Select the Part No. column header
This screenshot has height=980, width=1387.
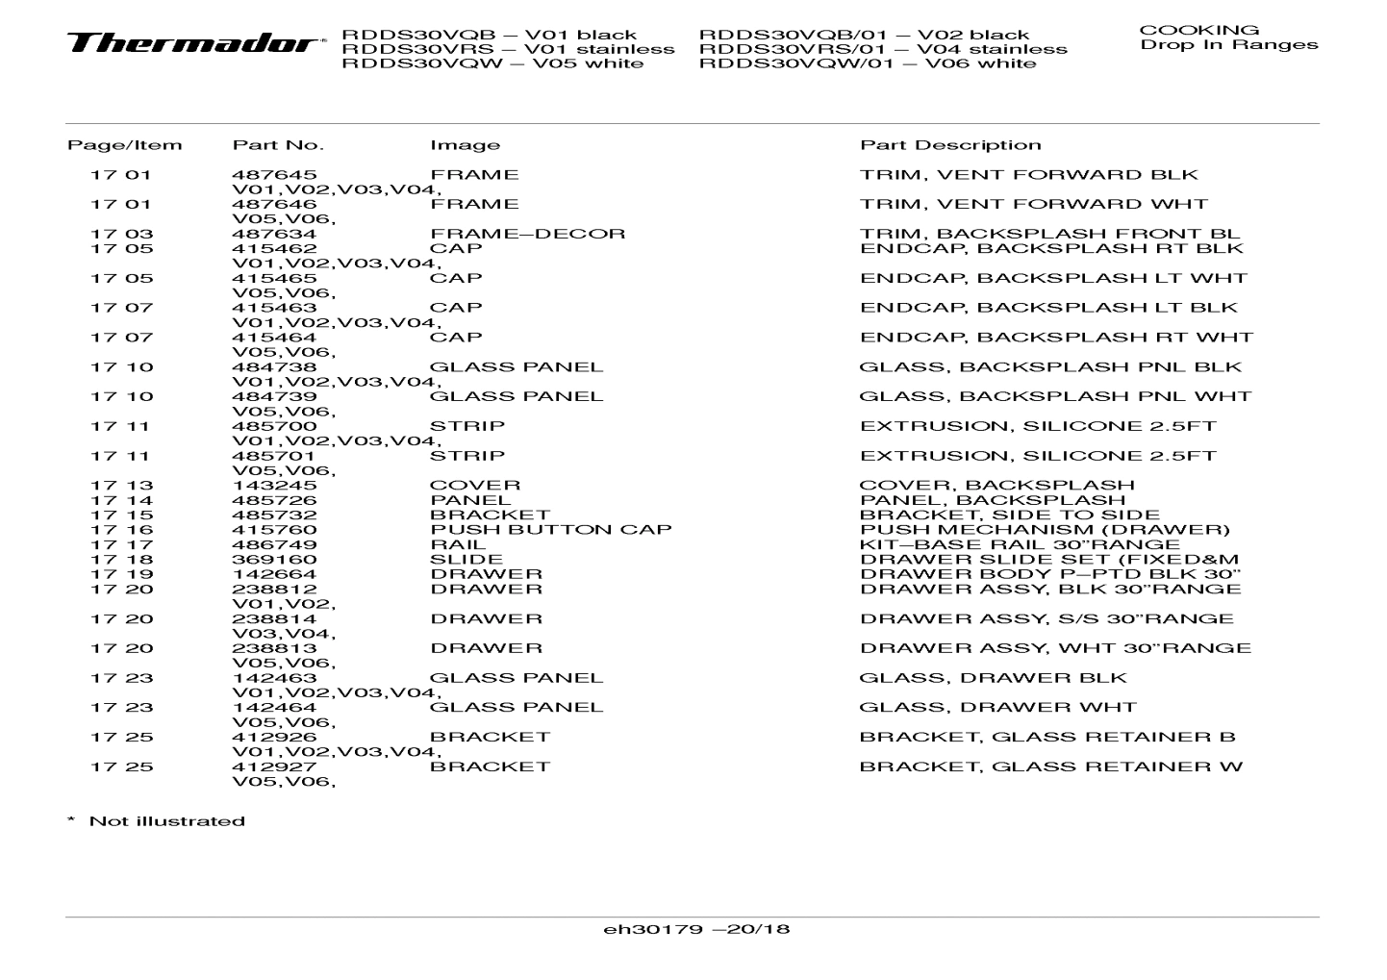point(278,145)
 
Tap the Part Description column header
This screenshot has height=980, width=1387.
point(949,145)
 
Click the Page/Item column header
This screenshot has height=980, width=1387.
point(124,145)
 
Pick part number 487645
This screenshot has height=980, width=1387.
point(274,175)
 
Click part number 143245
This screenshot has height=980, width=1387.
point(274,486)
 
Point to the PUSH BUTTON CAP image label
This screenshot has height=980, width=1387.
point(550,530)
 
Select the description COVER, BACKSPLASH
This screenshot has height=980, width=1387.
point(996,486)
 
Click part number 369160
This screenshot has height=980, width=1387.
point(274,560)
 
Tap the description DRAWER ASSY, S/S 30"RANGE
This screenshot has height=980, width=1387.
point(1047,619)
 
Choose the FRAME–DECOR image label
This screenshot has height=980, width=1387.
point(527,234)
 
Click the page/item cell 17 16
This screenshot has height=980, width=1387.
point(121,530)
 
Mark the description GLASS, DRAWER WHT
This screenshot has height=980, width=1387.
point(997,708)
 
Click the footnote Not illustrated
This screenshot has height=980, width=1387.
point(166,821)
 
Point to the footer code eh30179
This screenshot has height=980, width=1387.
point(651,930)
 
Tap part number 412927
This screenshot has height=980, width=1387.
point(274,767)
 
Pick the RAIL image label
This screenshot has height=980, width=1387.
point(458,545)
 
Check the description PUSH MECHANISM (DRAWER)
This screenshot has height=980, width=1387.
point(1045,530)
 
